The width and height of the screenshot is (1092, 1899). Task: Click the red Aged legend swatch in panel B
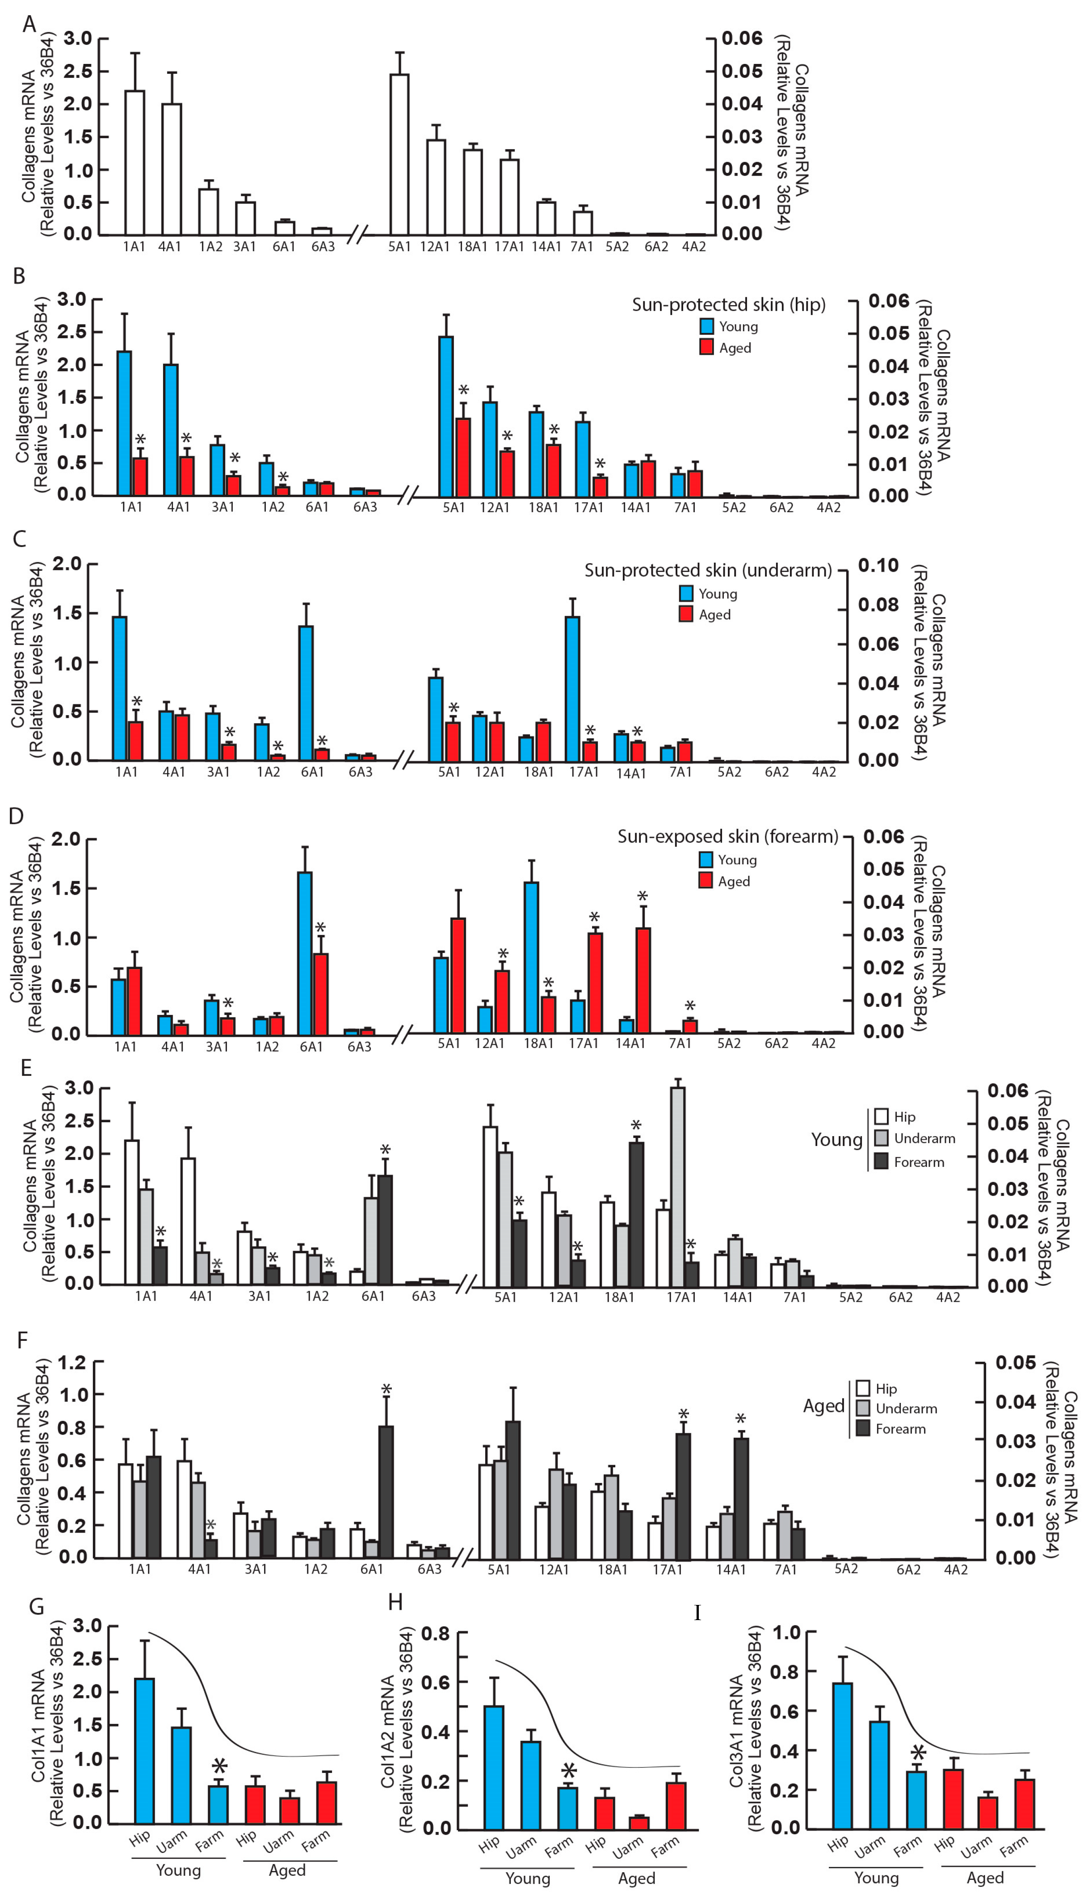tap(706, 347)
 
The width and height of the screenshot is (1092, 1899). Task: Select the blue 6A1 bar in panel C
tap(306, 693)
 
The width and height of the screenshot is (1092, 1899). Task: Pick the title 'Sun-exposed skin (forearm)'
tap(727, 836)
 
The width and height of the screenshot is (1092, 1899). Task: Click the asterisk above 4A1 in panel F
tap(211, 1525)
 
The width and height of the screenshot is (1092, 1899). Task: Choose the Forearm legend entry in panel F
tap(900, 1429)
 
